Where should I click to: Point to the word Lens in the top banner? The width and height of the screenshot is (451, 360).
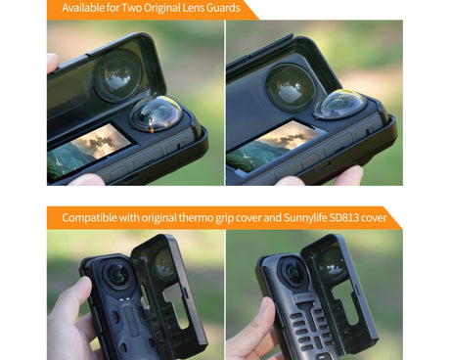pyautogui.click(x=190, y=9)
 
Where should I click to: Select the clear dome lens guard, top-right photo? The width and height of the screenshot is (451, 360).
pyautogui.click(x=340, y=105)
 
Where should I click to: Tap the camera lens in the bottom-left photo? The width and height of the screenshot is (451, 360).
pyautogui.click(x=116, y=276)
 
